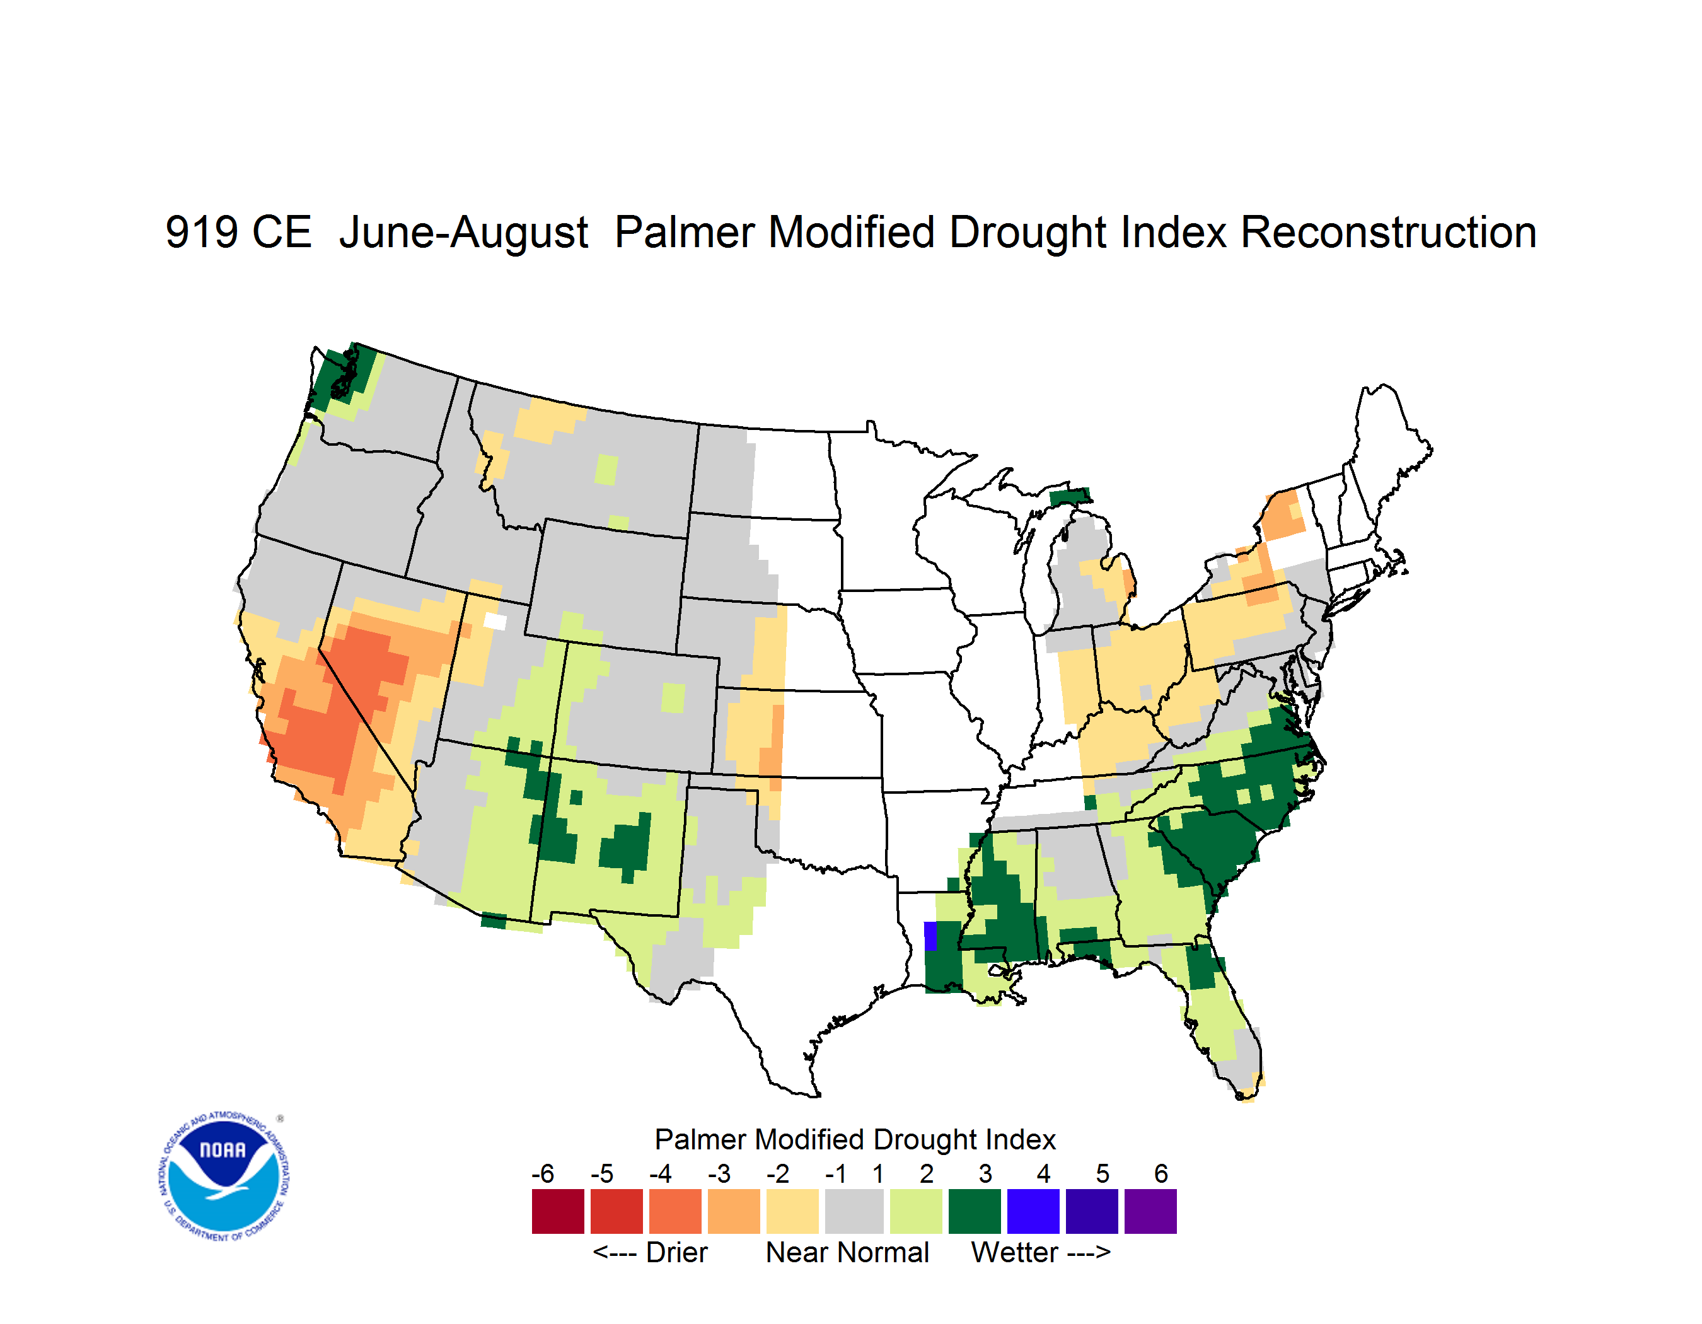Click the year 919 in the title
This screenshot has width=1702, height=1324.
[x=201, y=232]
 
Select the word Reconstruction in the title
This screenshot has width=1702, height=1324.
[x=1388, y=232]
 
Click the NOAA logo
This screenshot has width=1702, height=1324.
[x=224, y=1176]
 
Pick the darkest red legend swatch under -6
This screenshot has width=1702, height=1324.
[x=558, y=1211]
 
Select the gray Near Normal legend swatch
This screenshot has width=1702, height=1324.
[x=854, y=1211]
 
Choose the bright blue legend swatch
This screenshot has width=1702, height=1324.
[x=1033, y=1211]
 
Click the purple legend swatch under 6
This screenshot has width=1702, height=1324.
[x=1150, y=1211]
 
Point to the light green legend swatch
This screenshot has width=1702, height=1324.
[x=917, y=1211]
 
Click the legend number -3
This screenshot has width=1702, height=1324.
[x=719, y=1173]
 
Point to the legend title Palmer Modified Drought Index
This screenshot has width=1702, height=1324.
[x=855, y=1140]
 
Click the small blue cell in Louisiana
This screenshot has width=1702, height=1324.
[x=930, y=936]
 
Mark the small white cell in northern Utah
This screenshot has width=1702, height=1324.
[x=495, y=621]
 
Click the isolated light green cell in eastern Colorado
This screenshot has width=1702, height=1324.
[x=673, y=698]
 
